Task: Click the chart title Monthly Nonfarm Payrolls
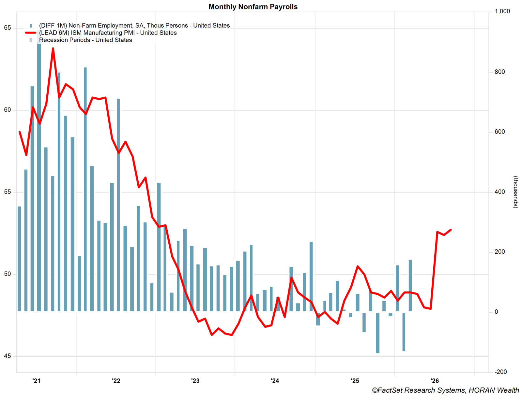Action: click(x=253, y=7)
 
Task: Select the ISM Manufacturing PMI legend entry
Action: click(x=108, y=33)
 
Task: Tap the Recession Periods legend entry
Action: click(x=85, y=40)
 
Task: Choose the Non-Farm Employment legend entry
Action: click(x=134, y=26)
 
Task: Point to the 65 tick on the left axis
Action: click(x=7, y=28)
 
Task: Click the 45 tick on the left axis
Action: click(x=7, y=356)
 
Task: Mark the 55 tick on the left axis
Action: click(x=7, y=192)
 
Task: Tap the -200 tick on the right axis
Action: click(x=501, y=372)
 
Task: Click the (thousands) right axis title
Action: click(x=515, y=192)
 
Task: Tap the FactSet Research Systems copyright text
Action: click(x=445, y=390)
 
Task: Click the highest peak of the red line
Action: click(x=53, y=49)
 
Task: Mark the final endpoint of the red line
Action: click(x=451, y=230)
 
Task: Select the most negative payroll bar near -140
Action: click(x=377, y=333)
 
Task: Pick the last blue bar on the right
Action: click(x=410, y=285)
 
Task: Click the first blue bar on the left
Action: click(x=19, y=259)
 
